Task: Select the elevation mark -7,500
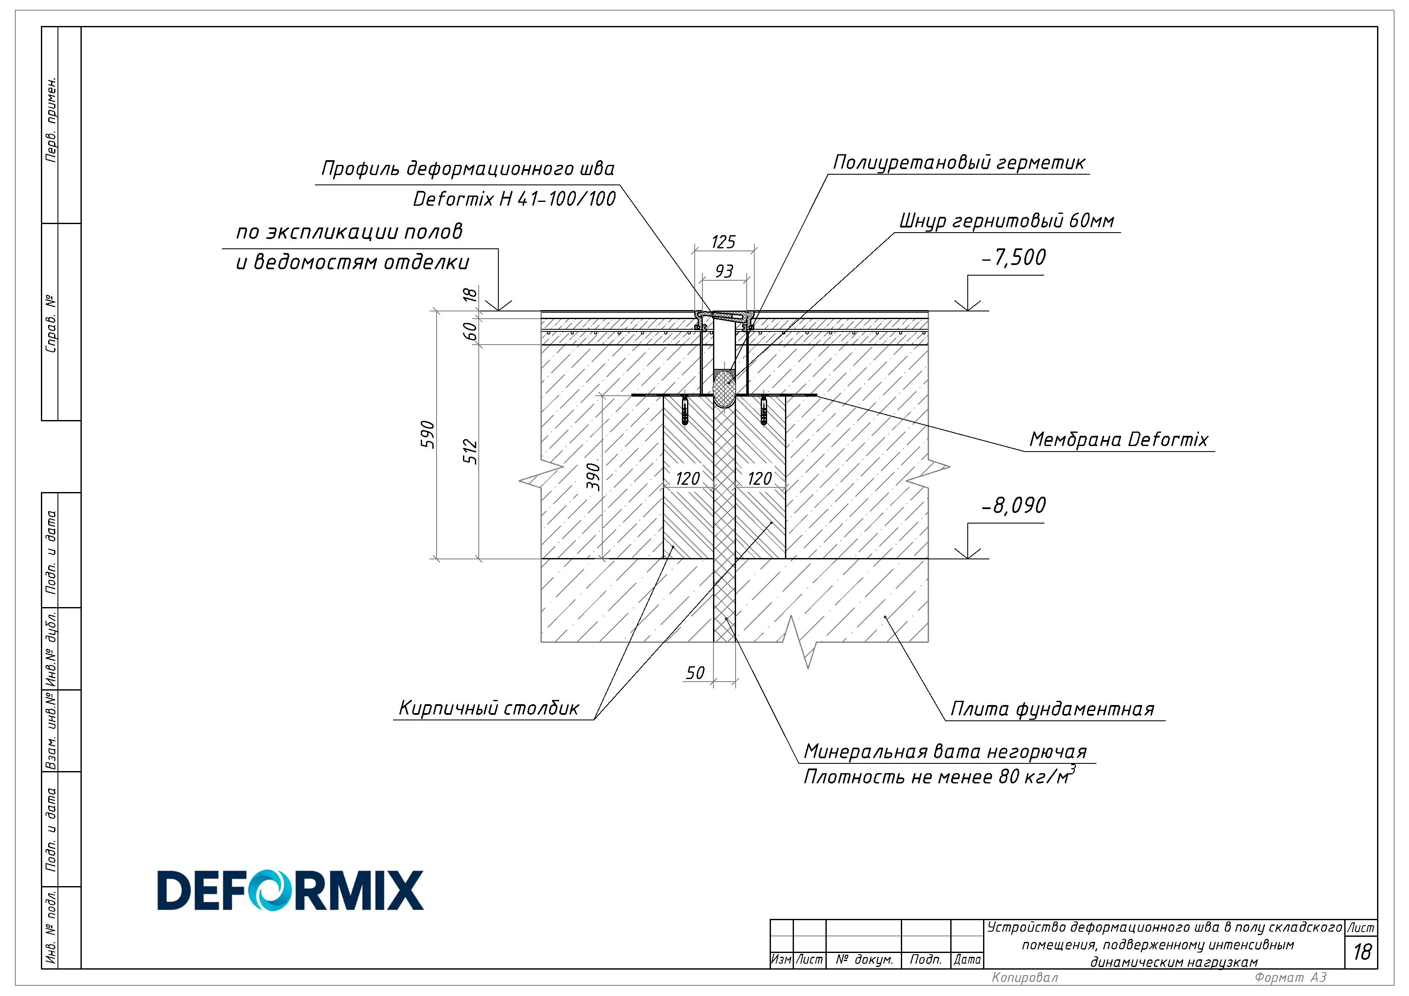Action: coord(1014,258)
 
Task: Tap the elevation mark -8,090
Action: coord(1014,506)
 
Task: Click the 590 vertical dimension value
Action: coord(428,435)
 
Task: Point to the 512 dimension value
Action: coord(470,451)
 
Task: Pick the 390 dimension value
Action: coord(593,476)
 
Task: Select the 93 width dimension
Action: coord(724,271)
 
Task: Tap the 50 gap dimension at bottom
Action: coord(695,673)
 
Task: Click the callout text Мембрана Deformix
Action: coord(1118,439)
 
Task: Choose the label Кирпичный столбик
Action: coord(489,708)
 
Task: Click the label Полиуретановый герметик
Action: coord(959,163)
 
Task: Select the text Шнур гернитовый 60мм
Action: coord(1006,221)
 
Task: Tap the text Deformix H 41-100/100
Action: coord(514,199)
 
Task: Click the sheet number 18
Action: coord(1362,952)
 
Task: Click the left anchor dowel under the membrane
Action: coord(685,411)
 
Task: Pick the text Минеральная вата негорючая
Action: coord(946,752)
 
